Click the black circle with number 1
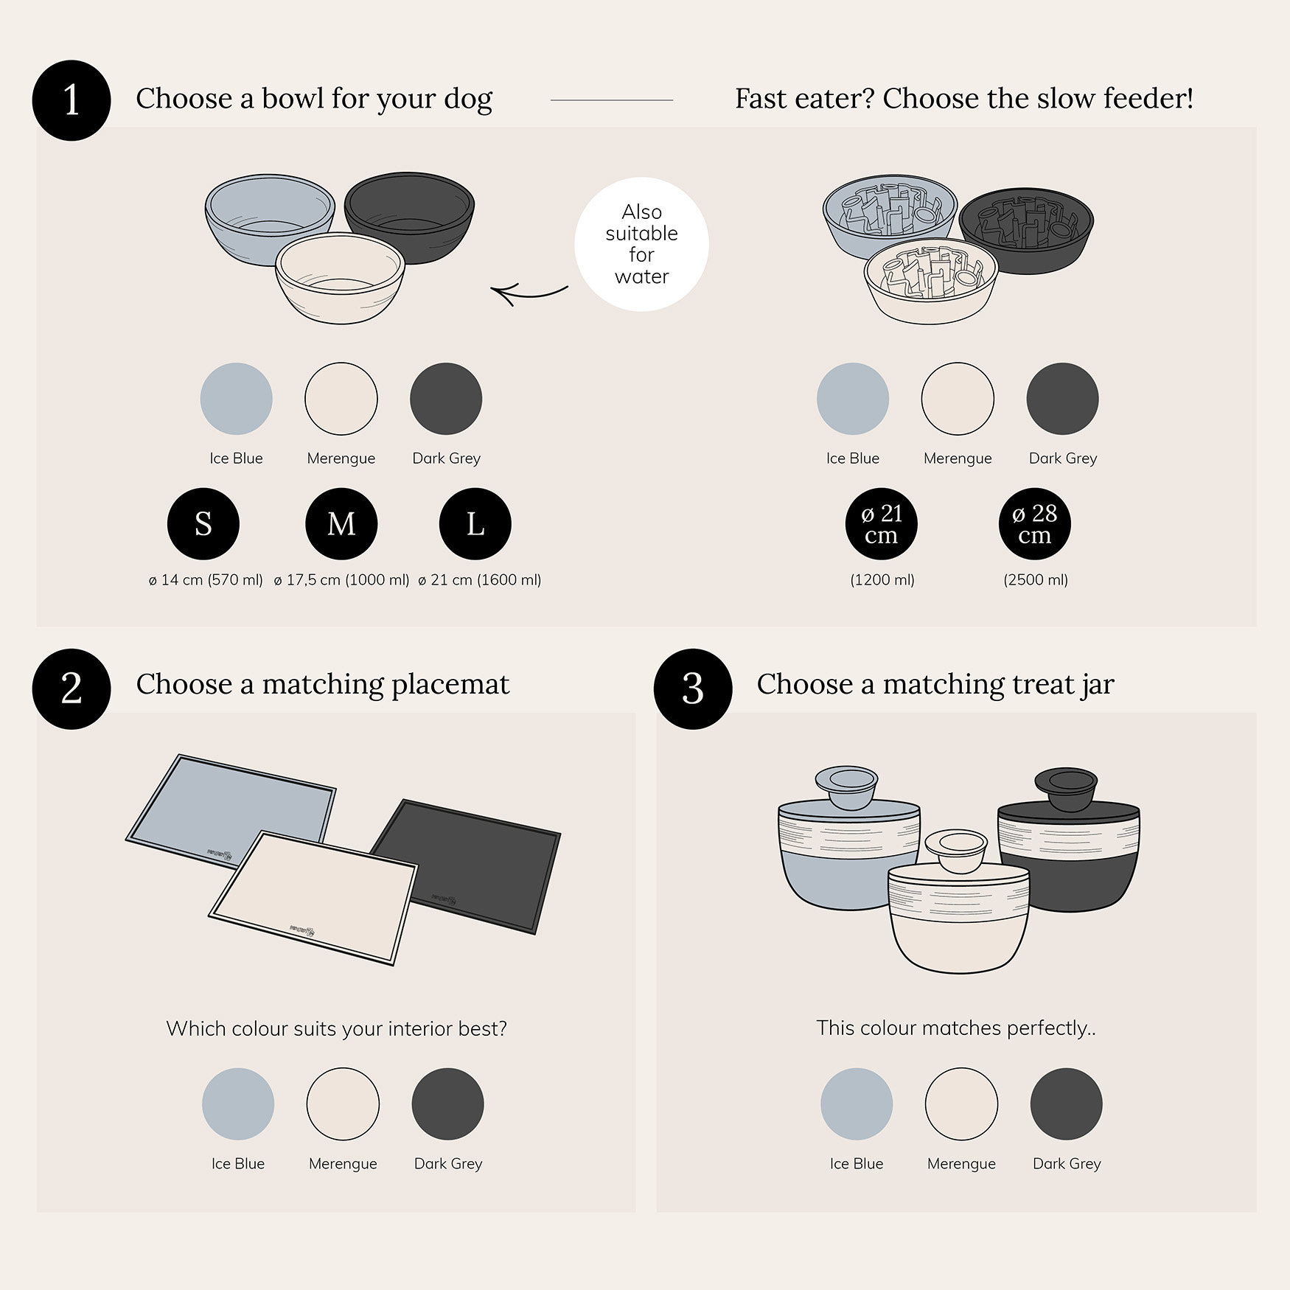72,100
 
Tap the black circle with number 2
72,688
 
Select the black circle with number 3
693,688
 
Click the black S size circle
203,523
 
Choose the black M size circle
341,523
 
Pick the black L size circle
475,523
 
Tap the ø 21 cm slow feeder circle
882,523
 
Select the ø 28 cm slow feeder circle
1035,523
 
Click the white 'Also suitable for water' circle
641,244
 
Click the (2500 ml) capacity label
1036,580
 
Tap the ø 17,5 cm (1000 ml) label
341,580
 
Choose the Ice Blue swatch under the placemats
238,1104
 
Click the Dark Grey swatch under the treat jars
1066,1104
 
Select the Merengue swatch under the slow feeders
958,399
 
